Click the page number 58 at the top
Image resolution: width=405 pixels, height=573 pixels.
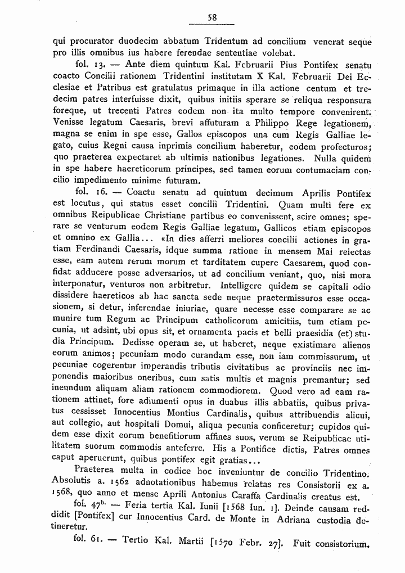pos(212,17)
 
